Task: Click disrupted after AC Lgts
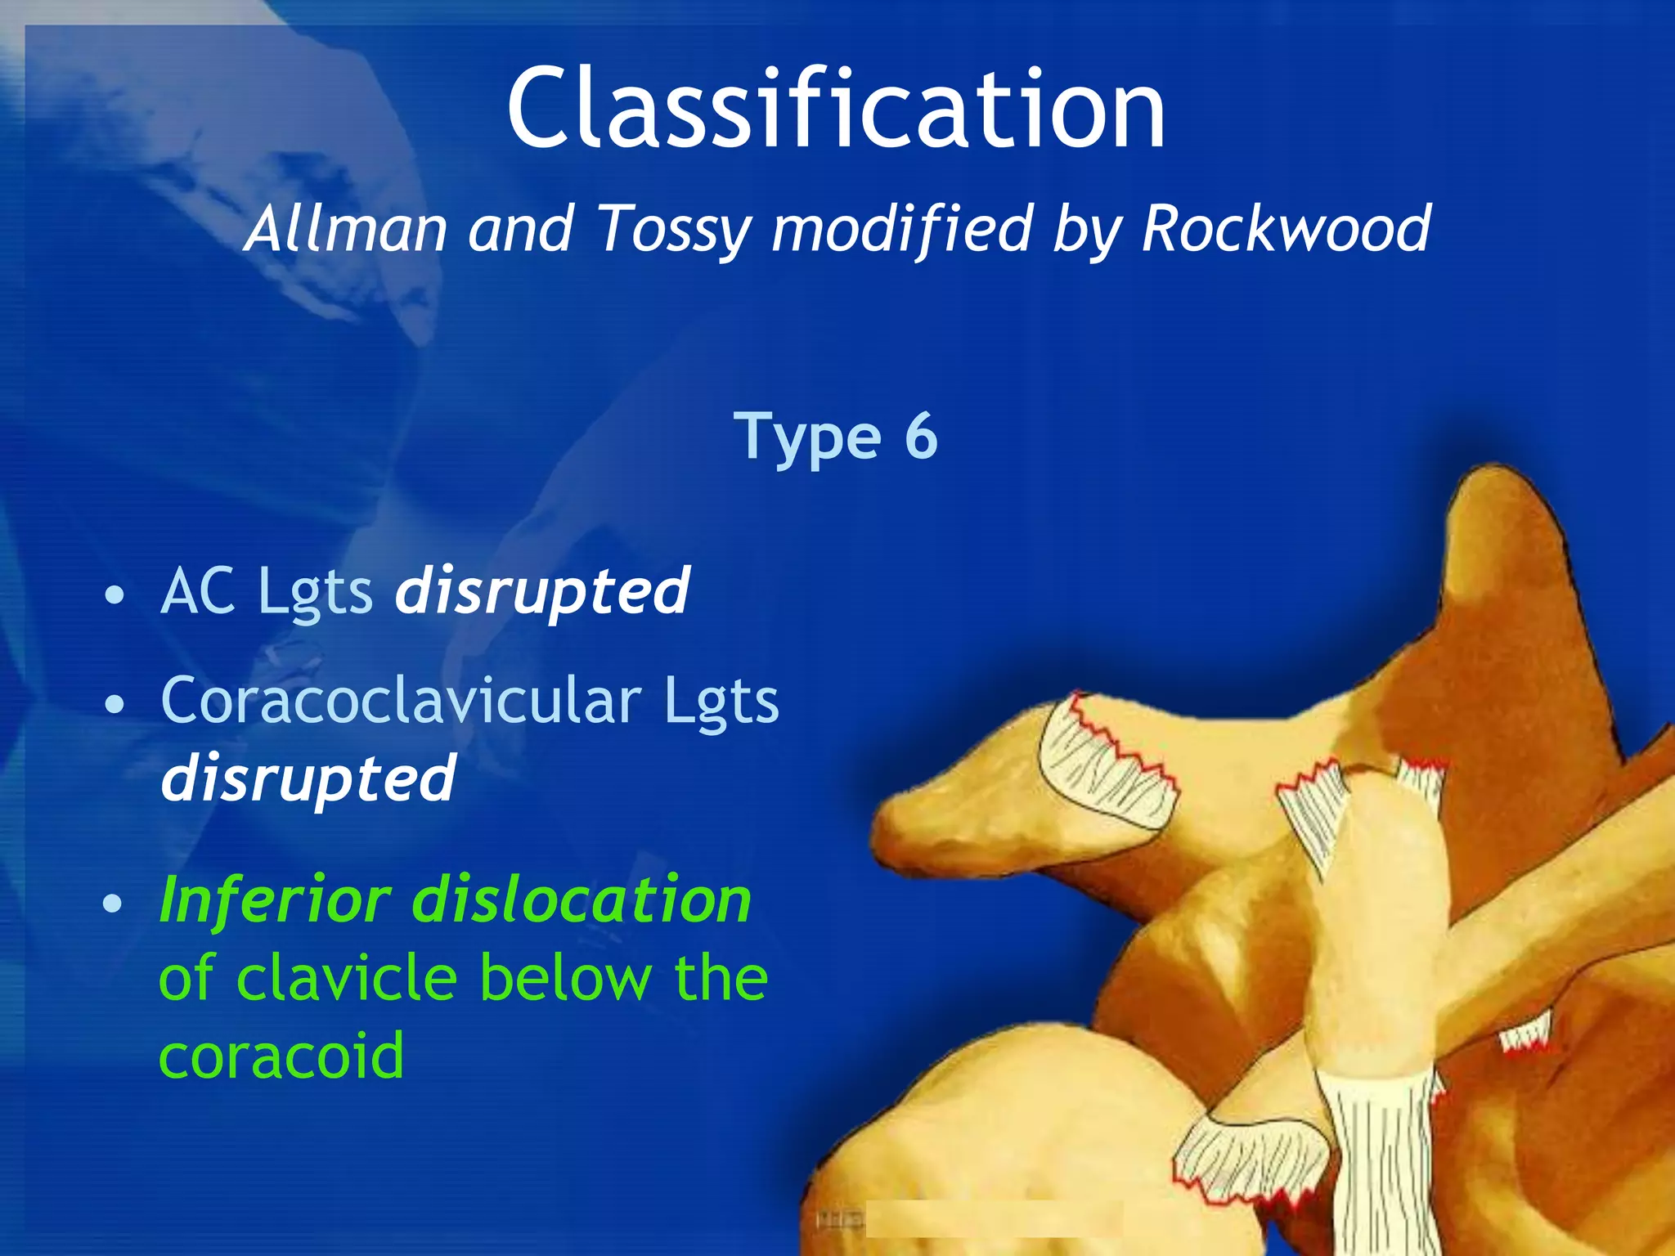coord(542,592)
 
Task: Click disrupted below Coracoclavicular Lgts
coord(308,778)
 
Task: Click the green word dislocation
coord(582,900)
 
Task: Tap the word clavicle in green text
coord(347,978)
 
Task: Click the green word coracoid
coord(281,1055)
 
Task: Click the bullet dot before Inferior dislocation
coord(113,904)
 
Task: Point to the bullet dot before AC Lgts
coord(115,595)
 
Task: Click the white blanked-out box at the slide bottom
coord(994,1219)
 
